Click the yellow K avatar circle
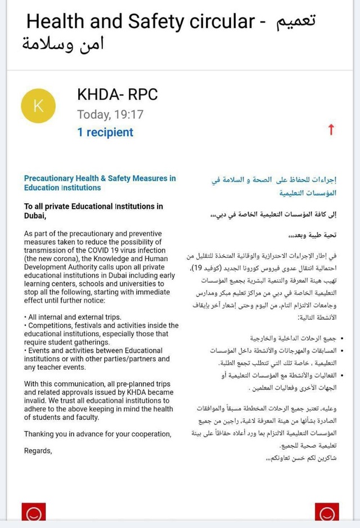38,106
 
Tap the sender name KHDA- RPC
117,95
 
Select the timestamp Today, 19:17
110,114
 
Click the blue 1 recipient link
105,132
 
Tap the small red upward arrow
331,130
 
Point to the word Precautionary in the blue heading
49,178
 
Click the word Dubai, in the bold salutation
35,216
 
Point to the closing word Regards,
38,450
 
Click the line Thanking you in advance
97,434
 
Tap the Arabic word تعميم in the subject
296,22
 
